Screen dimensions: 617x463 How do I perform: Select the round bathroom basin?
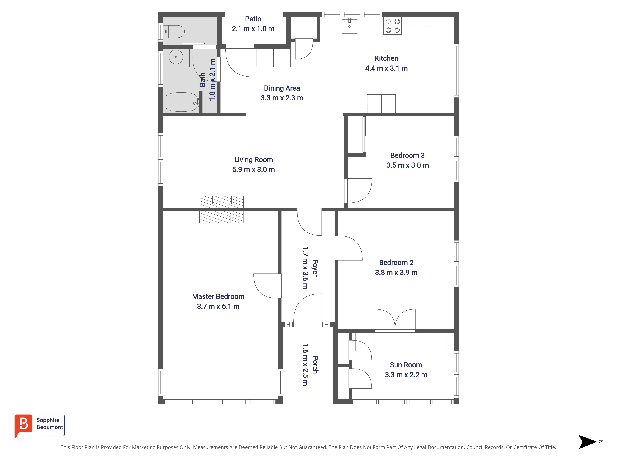(x=176, y=57)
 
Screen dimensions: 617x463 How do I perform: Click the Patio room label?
(x=253, y=19)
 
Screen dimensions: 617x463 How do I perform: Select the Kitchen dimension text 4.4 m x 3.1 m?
(x=386, y=68)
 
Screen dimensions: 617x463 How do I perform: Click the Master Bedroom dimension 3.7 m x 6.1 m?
(x=218, y=307)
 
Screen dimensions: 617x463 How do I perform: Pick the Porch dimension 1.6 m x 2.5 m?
(x=305, y=365)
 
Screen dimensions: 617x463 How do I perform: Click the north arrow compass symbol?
(x=587, y=442)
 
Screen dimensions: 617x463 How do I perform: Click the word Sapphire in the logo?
(x=48, y=420)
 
